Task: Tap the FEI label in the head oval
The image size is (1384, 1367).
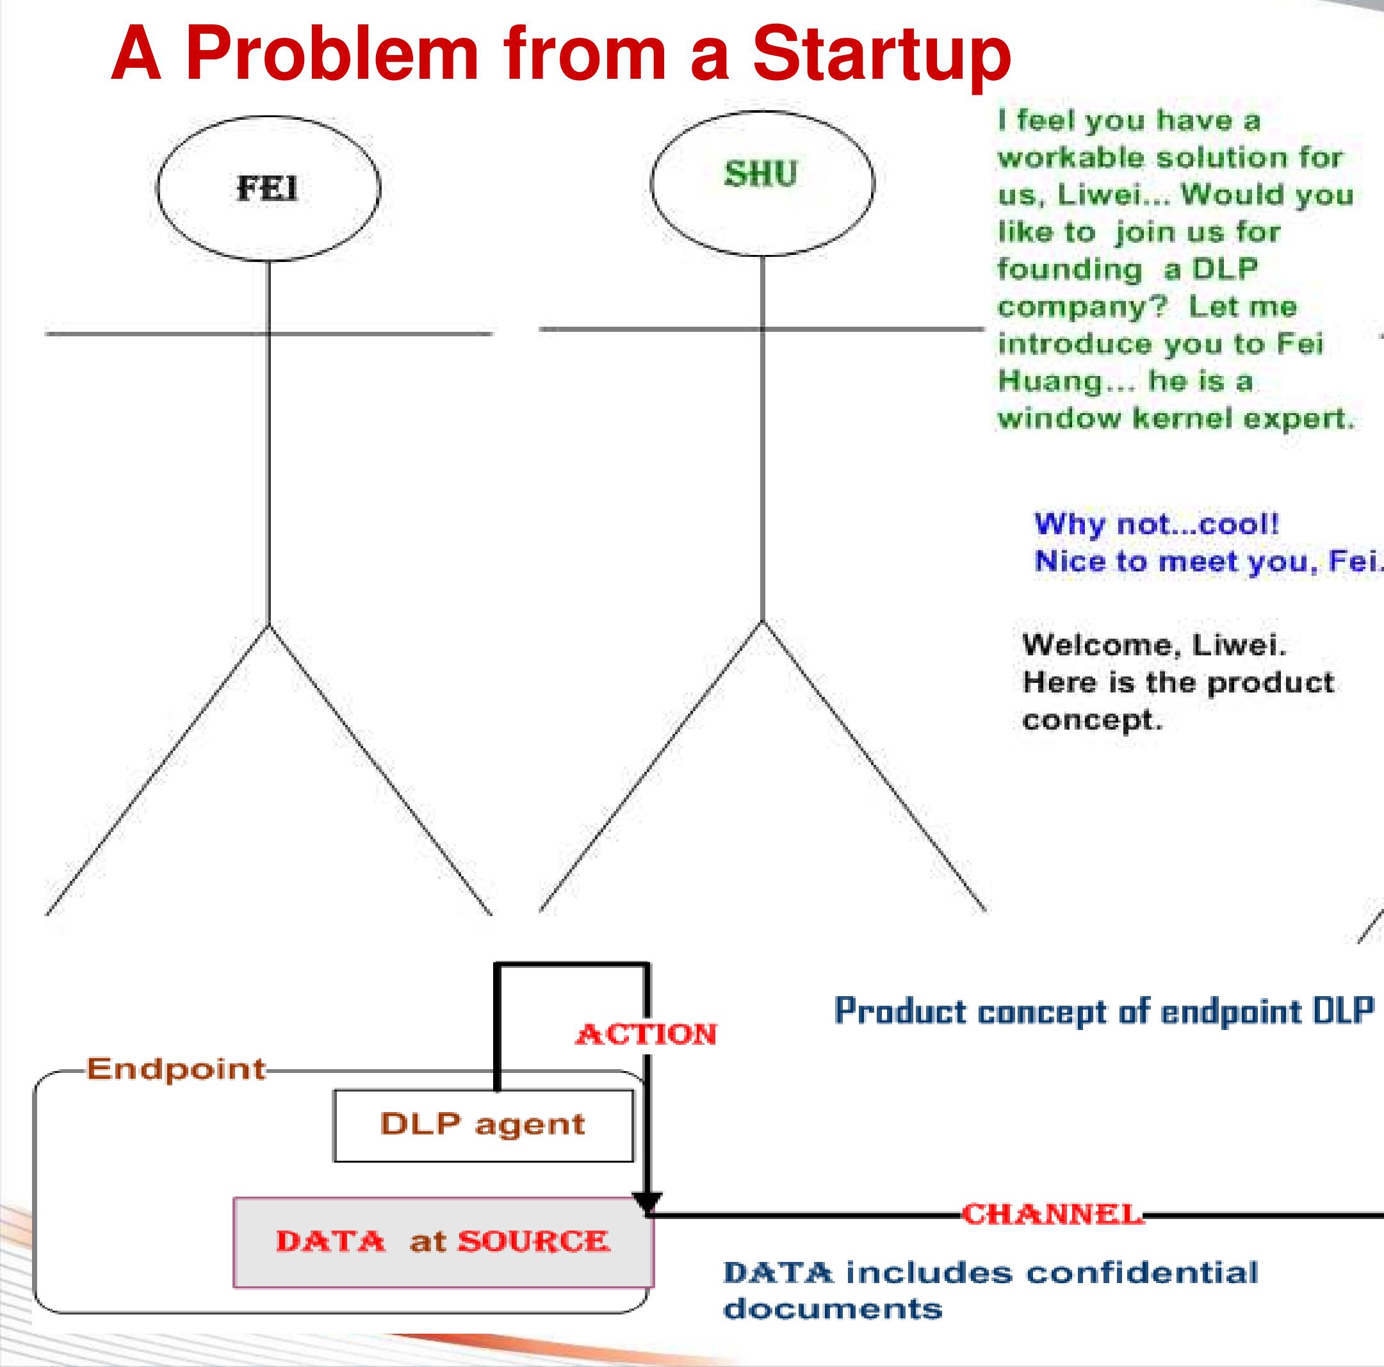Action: tap(267, 189)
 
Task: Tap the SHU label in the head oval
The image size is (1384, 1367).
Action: tap(761, 174)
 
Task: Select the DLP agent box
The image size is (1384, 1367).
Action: tap(483, 1125)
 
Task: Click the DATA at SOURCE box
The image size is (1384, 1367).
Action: tap(443, 1241)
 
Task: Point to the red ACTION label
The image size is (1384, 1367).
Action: tap(646, 1034)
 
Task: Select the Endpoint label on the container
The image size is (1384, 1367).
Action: tap(176, 1069)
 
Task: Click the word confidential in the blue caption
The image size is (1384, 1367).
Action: tap(1142, 1273)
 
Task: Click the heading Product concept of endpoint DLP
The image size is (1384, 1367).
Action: tap(1104, 1011)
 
